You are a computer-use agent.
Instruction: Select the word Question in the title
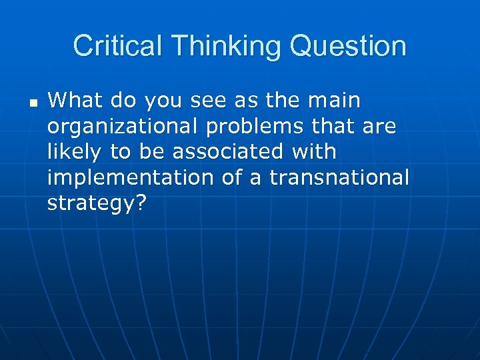click(354, 47)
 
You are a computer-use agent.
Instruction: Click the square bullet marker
click(33, 103)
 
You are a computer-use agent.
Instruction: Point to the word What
click(69, 101)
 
